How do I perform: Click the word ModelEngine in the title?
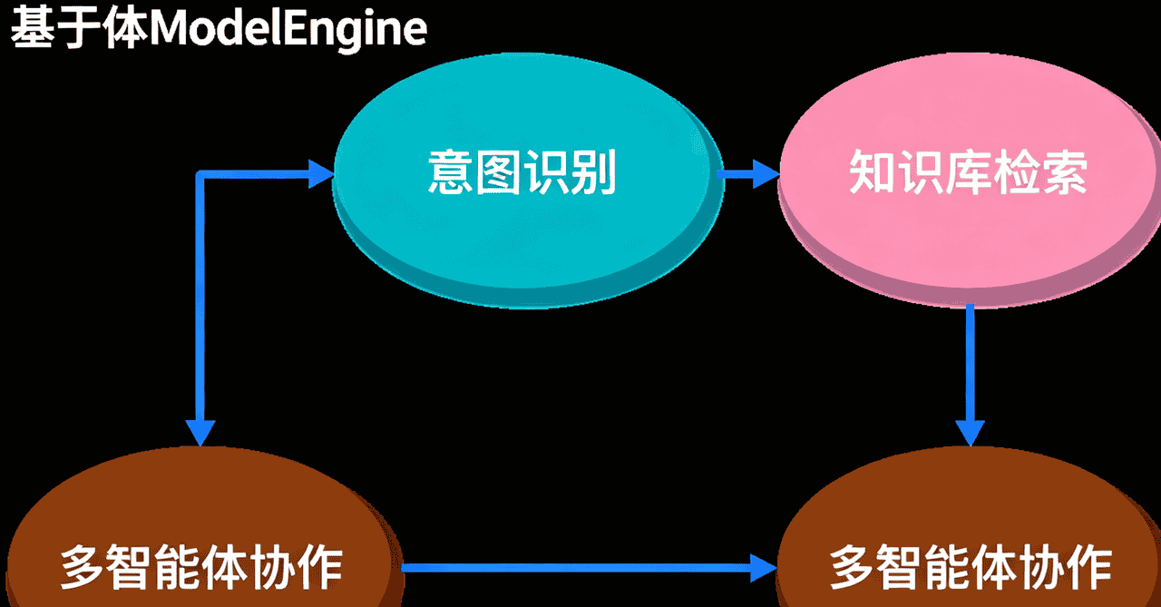(288, 28)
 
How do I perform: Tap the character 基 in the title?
(33, 28)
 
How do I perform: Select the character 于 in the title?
(80, 28)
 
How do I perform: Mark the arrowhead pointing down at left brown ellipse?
(200, 433)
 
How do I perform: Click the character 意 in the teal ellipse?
(451, 172)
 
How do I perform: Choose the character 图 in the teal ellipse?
(498, 172)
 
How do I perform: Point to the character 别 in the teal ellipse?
(593, 172)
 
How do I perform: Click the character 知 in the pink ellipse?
(873, 172)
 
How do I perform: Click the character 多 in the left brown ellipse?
(83, 568)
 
